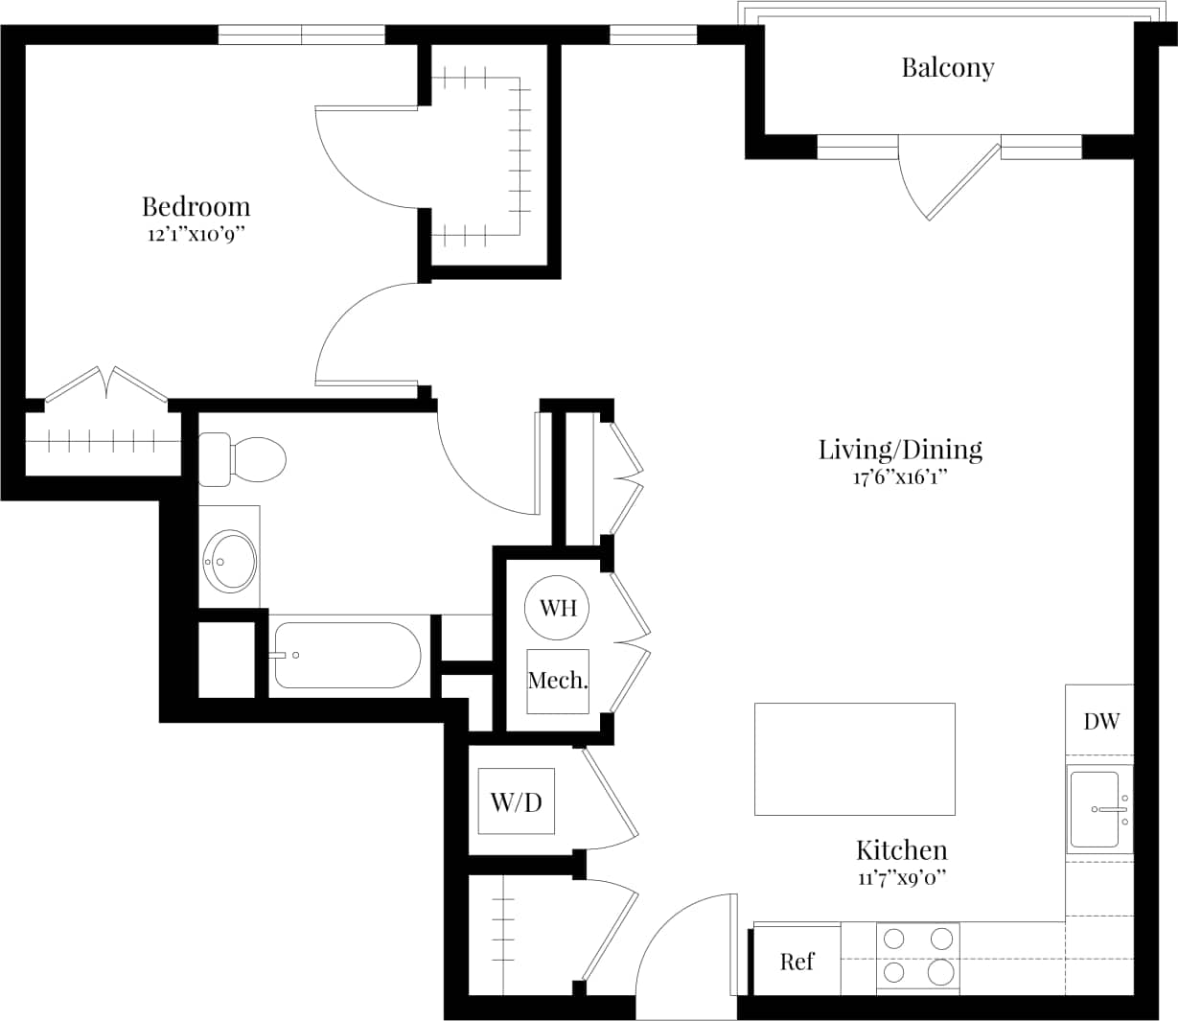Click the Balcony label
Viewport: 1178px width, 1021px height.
click(x=947, y=68)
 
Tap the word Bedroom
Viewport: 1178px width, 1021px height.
click(x=196, y=207)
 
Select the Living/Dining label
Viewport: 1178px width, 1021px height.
click(x=900, y=449)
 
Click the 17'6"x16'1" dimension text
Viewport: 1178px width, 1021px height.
click(x=900, y=477)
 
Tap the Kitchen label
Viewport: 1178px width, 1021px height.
click(x=901, y=850)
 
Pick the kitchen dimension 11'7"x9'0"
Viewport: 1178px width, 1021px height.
click(x=901, y=877)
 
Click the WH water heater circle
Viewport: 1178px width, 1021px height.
click(x=557, y=607)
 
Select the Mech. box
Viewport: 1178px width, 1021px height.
click(x=557, y=682)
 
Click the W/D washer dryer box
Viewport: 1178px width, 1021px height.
click(x=516, y=801)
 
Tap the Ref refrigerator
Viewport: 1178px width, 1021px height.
click(x=797, y=962)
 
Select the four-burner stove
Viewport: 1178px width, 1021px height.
click(x=917, y=957)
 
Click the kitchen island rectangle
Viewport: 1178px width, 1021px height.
click(x=854, y=759)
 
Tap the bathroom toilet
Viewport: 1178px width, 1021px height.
click(x=244, y=459)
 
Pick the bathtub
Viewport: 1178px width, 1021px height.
click(x=346, y=656)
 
